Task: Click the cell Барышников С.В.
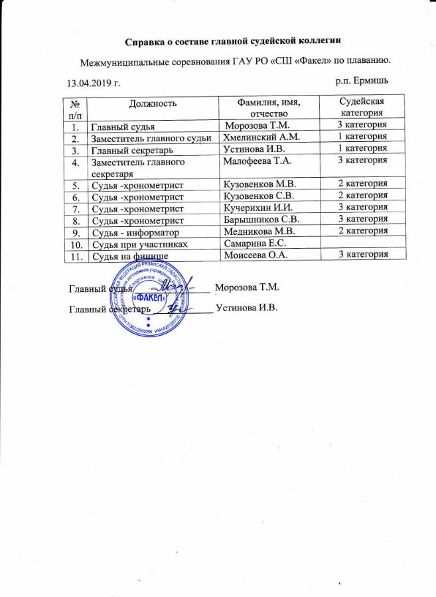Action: [261, 219]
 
